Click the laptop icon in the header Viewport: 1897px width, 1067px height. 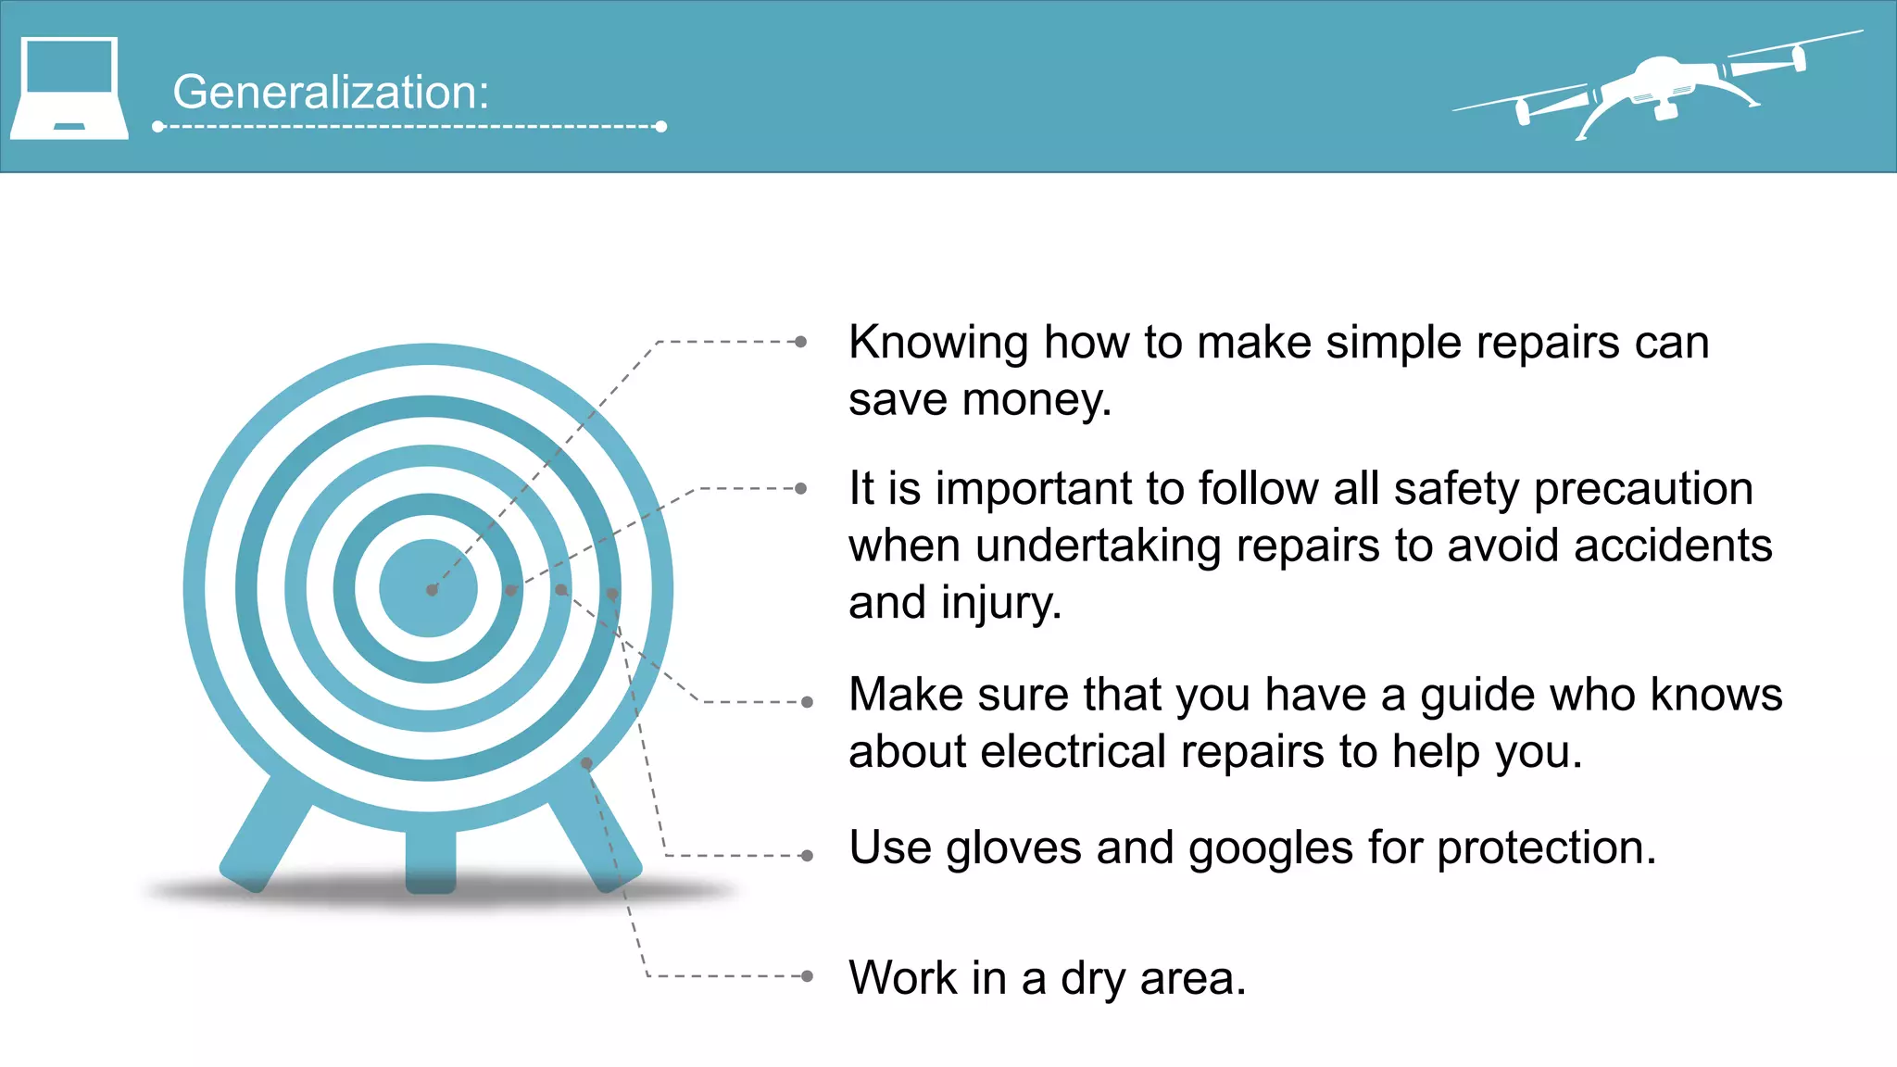(x=69, y=88)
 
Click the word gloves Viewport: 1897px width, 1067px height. (x=1013, y=848)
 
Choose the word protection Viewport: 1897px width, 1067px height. (x=1546, y=847)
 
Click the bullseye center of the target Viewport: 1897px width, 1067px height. (x=429, y=589)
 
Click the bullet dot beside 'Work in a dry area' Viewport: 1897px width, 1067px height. (x=808, y=976)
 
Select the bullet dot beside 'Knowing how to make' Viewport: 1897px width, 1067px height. (x=801, y=342)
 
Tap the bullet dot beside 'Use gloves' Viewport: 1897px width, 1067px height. (x=808, y=856)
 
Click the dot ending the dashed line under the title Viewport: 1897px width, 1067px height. (x=661, y=126)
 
